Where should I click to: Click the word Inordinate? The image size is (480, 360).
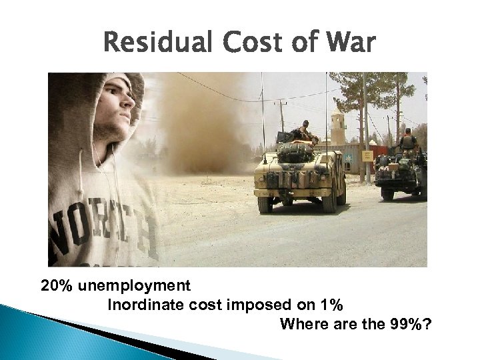142,306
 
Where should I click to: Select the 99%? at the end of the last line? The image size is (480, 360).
409,325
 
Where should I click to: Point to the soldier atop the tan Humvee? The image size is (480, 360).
305,131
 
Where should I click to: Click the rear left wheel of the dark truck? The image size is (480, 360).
387,193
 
